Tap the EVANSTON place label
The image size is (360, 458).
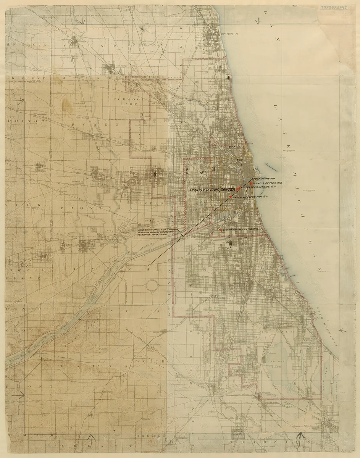[228, 34]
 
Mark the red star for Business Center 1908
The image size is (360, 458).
[250, 184]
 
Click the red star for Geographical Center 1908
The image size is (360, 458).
[221, 230]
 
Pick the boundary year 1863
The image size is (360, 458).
[232, 147]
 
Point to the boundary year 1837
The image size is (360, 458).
[240, 161]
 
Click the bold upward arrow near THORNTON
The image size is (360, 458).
[300, 437]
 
